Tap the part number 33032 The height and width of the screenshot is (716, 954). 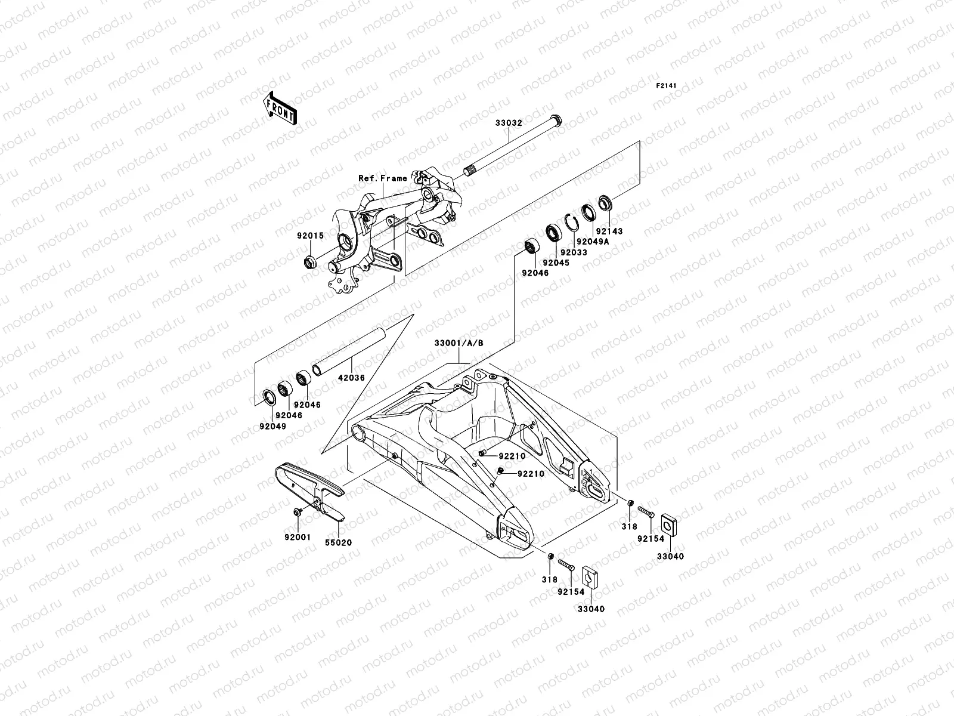point(509,124)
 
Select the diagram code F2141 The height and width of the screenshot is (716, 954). point(667,86)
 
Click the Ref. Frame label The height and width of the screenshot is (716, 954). point(382,178)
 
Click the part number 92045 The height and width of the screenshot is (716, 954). point(556,263)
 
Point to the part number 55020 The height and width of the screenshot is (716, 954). point(338,544)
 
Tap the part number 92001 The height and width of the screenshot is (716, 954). point(298,536)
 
